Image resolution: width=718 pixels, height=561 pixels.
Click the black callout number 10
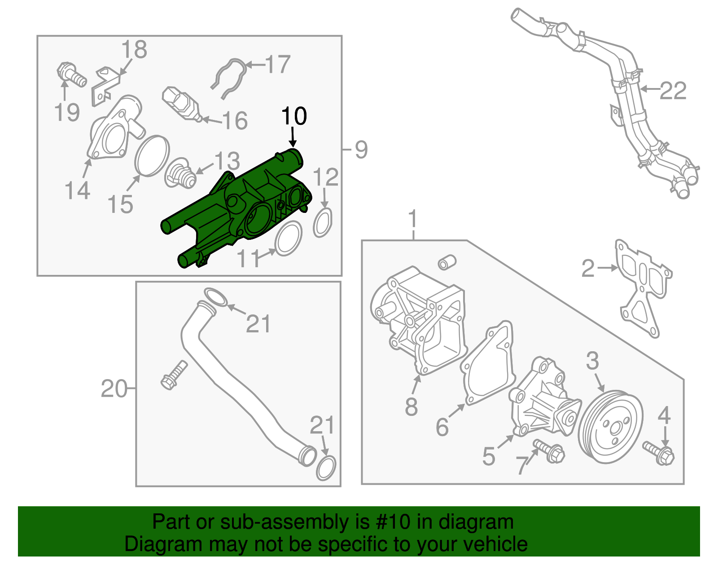pos(294,116)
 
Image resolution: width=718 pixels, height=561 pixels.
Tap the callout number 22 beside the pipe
pos(673,91)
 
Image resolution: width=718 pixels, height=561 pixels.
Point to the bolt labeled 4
pos(659,453)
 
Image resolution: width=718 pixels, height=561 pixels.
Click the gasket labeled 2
pos(643,287)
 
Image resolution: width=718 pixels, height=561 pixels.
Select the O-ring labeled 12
pos(323,223)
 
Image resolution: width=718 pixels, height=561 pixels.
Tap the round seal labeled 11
pos(288,239)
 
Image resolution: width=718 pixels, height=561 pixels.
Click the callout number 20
pos(114,389)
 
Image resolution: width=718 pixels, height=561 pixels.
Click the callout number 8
pos(411,406)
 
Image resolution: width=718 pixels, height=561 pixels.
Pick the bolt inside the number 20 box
pos(173,375)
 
